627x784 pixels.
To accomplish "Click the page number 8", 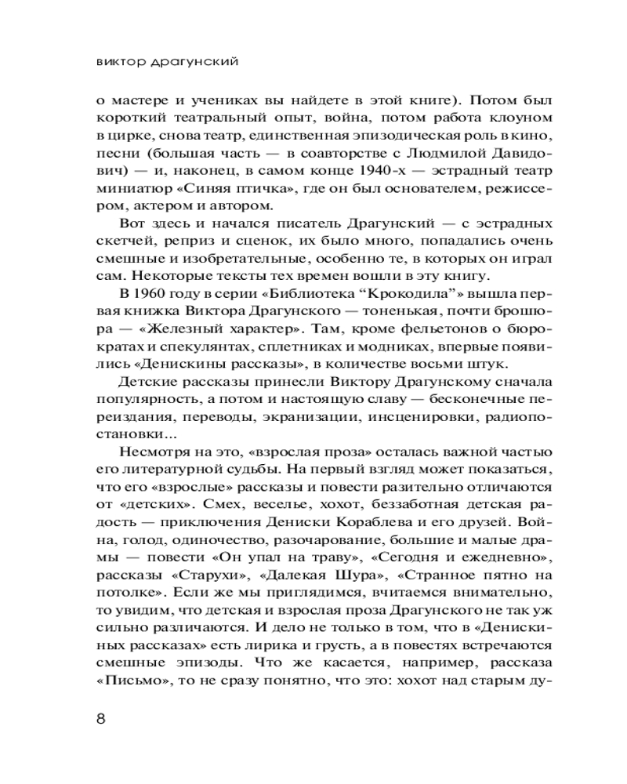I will tap(100, 719).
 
